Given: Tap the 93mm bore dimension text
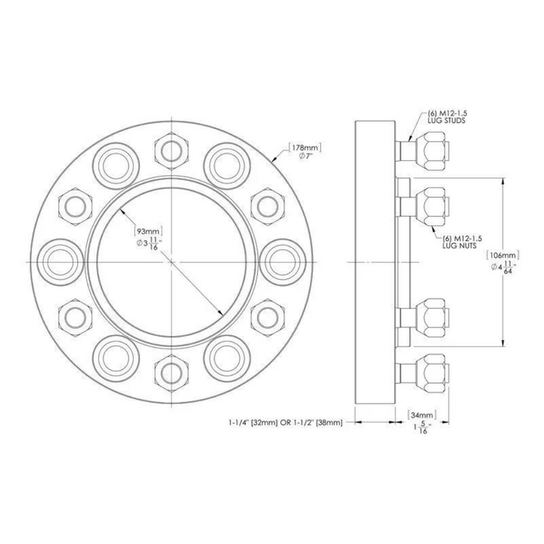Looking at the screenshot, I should click(148, 230).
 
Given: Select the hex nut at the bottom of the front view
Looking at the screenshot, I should click(172, 370).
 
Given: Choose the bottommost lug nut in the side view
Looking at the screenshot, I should click(434, 371).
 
